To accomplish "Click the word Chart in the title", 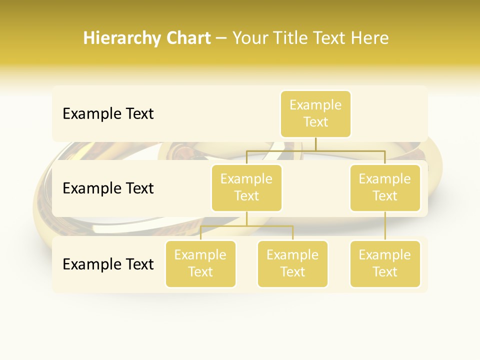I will [189, 38].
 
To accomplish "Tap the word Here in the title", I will [369, 38].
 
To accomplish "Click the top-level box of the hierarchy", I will [315, 113].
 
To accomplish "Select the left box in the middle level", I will [246, 187].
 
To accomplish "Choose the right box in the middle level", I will [385, 187].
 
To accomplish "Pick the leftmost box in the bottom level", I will [200, 263].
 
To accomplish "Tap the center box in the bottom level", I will [292, 263].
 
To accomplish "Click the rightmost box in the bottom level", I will [385, 263].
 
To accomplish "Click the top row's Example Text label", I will [108, 114].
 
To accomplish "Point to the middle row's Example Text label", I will [108, 188].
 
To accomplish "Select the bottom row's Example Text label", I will [108, 264].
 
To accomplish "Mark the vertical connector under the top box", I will [315, 144].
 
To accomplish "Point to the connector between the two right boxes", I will [385, 226].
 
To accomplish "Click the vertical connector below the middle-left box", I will [246, 218].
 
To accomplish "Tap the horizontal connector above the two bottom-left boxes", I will [246, 226].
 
